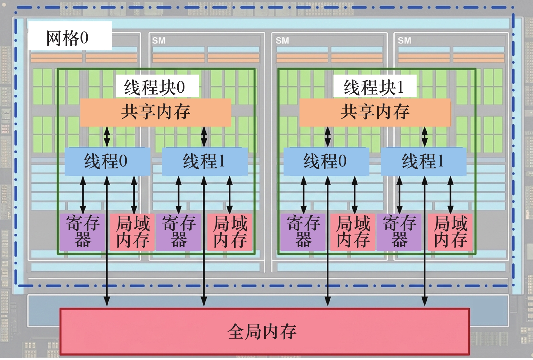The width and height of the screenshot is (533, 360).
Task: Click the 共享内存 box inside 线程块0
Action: (x=156, y=112)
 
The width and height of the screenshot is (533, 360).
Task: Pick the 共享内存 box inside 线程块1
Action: (x=375, y=112)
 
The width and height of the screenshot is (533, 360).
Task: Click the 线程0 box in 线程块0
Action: (x=107, y=161)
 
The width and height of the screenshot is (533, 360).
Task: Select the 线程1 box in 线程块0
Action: (x=205, y=161)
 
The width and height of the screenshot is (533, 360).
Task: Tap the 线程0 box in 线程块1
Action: (x=326, y=161)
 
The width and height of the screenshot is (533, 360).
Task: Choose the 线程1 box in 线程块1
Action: (x=424, y=161)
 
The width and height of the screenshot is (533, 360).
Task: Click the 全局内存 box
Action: (x=265, y=331)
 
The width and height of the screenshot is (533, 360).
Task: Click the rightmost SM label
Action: (x=404, y=41)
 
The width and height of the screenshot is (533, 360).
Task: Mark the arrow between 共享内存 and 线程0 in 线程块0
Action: (x=107, y=137)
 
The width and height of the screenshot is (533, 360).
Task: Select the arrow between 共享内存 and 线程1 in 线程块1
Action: (x=425, y=137)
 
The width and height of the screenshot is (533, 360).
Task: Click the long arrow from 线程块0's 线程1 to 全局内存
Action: (x=204, y=241)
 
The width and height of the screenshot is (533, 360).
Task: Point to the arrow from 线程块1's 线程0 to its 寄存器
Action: (x=304, y=195)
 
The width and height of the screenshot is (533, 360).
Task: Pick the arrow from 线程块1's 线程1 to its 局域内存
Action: (x=450, y=195)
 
